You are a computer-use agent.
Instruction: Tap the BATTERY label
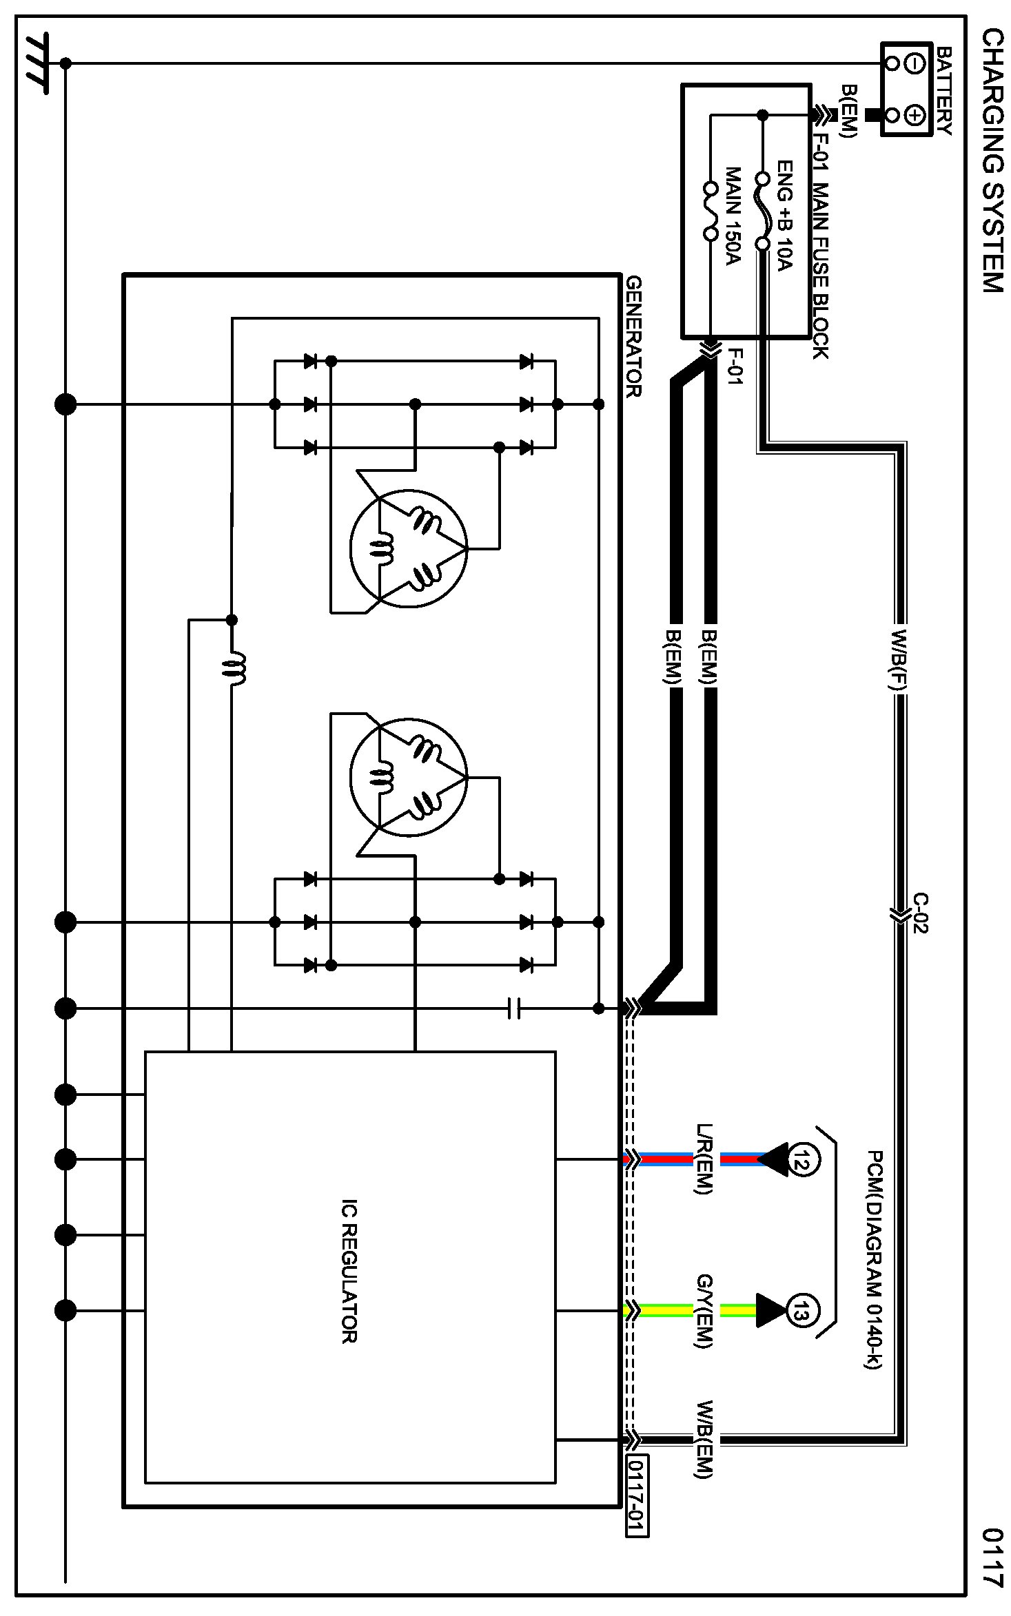click(x=944, y=91)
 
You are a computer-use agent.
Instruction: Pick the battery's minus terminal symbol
click(x=915, y=64)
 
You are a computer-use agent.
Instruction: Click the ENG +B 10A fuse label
click(x=785, y=216)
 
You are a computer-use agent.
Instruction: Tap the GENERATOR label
click(x=634, y=337)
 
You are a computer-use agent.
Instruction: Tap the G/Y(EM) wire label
click(x=704, y=1310)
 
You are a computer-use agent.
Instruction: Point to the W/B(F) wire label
click(x=900, y=660)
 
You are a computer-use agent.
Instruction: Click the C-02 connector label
click(x=921, y=914)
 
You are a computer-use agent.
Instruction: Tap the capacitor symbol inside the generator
click(x=514, y=1009)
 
